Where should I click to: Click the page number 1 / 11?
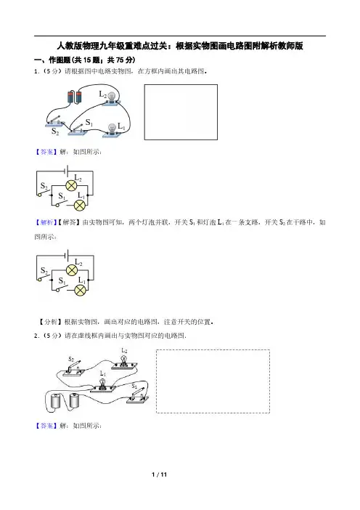tap(159, 474)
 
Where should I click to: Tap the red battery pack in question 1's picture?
tap(75, 97)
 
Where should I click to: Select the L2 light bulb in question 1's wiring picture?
tap(112, 99)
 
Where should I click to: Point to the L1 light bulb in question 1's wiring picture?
tap(112, 130)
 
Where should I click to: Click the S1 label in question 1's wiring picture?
tap(89, 123)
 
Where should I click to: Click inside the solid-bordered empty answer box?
tap(181, 112)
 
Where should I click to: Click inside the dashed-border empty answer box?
tap(213, 381)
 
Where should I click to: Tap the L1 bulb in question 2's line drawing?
tap(103, 386)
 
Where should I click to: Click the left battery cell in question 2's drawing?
tap(56, 401)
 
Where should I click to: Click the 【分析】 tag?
tap(50, 322)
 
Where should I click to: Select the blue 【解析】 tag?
tap(45, 222)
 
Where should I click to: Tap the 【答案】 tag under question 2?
tap(45, 426)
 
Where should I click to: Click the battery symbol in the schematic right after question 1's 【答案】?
tap(66, 171)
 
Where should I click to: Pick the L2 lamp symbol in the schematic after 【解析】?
tap(72, 270)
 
